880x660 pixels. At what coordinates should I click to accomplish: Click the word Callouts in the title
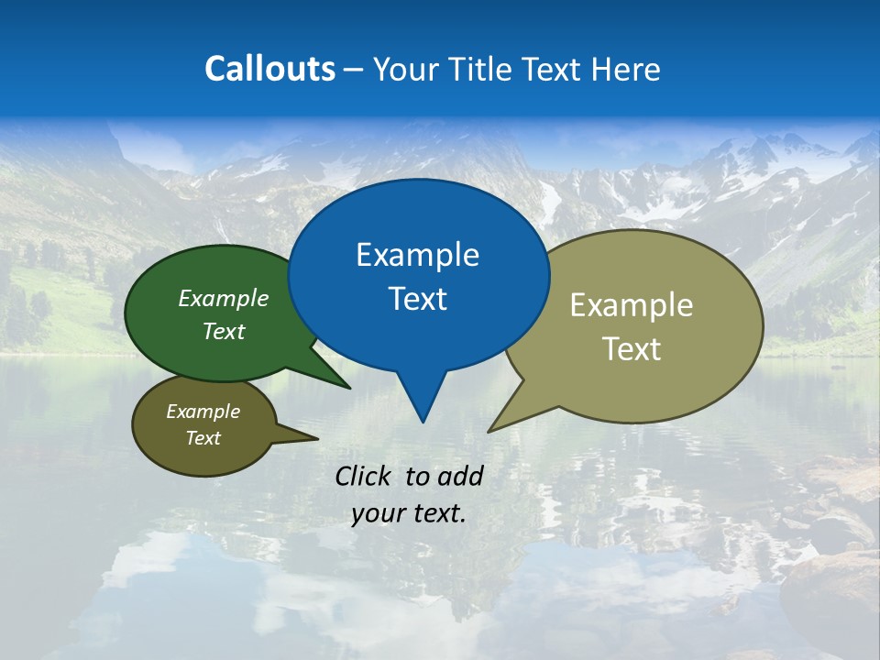[x=269, y=69]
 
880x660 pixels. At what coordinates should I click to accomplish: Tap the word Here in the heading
[x=626, y=69]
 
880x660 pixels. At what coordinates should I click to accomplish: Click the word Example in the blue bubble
[x=417, y=255]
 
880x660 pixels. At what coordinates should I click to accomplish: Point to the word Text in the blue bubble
[x=417, y=299]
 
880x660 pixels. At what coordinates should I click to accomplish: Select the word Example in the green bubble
[x=224, y=298]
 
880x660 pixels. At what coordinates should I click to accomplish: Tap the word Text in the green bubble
[x=224, y=331]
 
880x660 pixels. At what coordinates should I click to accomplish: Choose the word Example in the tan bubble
[x=632, y=305]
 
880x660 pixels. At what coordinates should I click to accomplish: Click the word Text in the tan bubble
[x=632, y=348]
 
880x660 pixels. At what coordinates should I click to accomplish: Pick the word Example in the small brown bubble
[x=203, y=412]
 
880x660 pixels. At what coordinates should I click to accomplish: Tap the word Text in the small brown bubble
[x=203, y=438]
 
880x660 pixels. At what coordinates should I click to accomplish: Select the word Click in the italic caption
[x=363, y=476]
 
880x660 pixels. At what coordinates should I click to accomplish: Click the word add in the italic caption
[x=459, y=476]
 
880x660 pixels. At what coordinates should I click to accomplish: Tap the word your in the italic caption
[x=377, y=513]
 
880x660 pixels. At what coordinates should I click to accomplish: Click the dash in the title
[x=355, y=70]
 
